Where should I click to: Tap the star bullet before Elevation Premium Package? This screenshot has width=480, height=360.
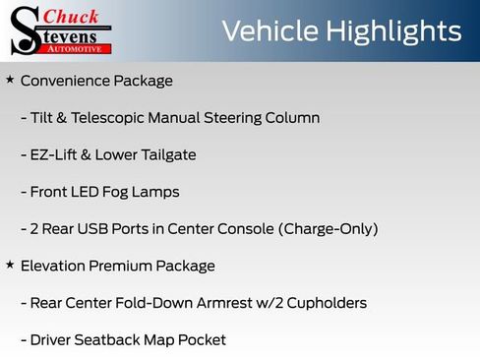tap(10, 265)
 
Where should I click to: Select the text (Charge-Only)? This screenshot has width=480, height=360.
tap(329, 228)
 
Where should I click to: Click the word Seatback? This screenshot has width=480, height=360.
tap(114, 339)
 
